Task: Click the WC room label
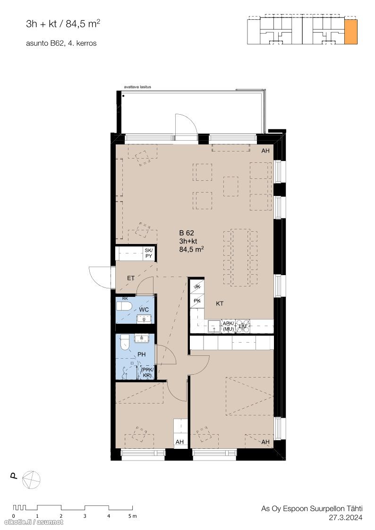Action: pyautogui.click(x=144, y=310)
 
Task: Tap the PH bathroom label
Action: pyautogui.click(x=141, y=354)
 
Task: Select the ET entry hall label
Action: pyautogui.click(x=131, y=278)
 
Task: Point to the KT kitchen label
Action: pyautogui.click(x=220, y=303)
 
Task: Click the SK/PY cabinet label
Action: pyautogui.click(x=149, y=253)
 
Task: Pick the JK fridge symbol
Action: pyautogui.click(x=197, y=286)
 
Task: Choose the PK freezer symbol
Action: pyautogui.click(x=197, y=301)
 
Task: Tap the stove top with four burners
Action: pyautogui.click(x=243, y=326)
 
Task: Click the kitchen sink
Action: pyautogui.click(x=213, y=327)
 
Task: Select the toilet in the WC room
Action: pyautogui.click(x=124, y=306)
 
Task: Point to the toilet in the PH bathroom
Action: pyautogui.click(x=124, y=343)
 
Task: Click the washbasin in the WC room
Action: pyautogui.click(x=145, y=319)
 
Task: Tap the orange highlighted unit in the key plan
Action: pyautogui.click(x=350, y=32)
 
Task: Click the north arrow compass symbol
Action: pyautogui.click(x=31, y=480)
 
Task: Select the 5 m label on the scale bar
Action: pyautogui.click(x=132, y=516)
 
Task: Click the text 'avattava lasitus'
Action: pyautogui.click(x=137, y=87)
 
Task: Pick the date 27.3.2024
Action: pyautogui.click(x=346, y=517)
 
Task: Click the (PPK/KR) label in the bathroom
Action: pyautogui.click(x=147, y=373)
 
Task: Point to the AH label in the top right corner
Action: pyautogui.click(x=265, y=151)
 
